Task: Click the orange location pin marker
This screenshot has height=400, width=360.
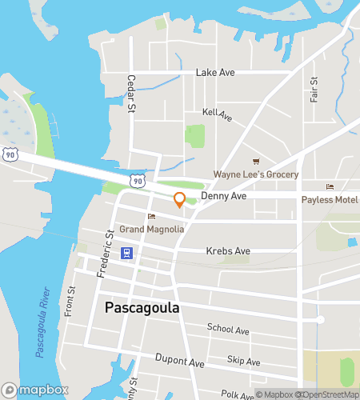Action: coord(179,200)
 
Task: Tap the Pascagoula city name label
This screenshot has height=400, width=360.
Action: coord(142,307)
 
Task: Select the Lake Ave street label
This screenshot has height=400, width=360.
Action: coord(215,73)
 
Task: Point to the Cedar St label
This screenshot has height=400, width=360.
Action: coord(130,94)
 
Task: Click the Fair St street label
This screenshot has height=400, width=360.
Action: coord(314,90)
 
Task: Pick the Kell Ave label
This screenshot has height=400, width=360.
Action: coord(217,115)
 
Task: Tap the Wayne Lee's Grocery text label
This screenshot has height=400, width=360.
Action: coord(255,174)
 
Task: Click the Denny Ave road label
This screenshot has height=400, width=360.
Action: coord(223,195)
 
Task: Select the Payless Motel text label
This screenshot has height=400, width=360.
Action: coord(329,200)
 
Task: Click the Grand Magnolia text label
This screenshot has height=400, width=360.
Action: coord(152,229)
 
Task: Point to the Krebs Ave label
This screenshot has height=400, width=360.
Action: coord(228,251)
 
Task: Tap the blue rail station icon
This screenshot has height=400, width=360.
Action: coord(126,253)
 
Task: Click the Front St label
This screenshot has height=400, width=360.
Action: coord(70,300)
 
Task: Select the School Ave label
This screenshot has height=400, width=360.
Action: coord(228,329)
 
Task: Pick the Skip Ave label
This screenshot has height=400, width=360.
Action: coord(243,362)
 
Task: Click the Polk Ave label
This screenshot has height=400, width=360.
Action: coord(237,394)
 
